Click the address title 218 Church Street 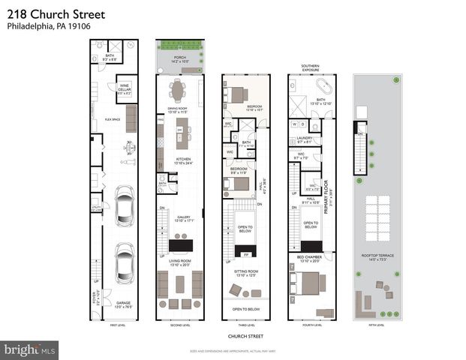click(x=47, y=13)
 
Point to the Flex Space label click(x=113, y=118)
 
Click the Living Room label click(x=179, y=262)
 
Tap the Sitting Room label click(x=245, y=274)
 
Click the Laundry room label click(x=304, y=139)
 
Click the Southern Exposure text click(x=310, y=68)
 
